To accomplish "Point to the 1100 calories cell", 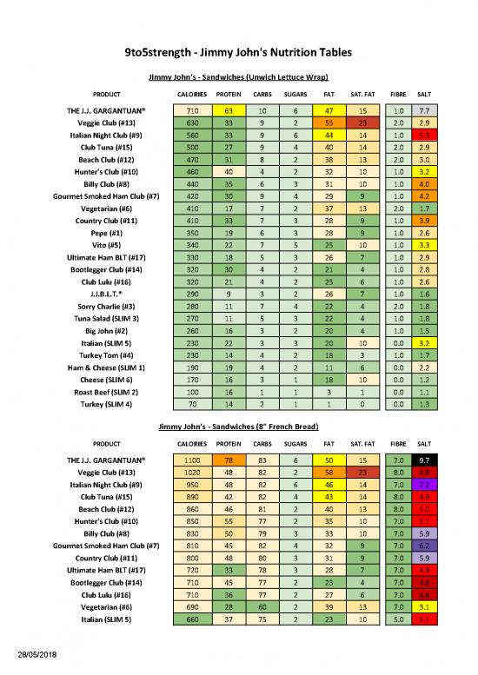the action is point(193,459).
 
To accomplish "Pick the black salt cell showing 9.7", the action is point(423,459).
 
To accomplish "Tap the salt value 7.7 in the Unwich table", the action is point(423,111).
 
